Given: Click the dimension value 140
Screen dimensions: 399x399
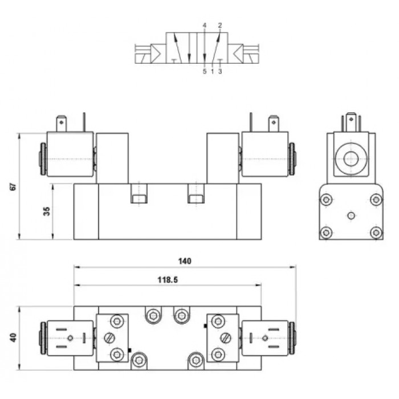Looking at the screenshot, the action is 185,261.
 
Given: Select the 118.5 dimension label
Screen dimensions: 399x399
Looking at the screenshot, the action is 168,280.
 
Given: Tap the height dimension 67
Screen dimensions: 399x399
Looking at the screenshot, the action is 13,186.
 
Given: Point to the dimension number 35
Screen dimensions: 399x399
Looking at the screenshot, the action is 47,211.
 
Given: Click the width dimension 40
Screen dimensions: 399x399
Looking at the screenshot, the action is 13,337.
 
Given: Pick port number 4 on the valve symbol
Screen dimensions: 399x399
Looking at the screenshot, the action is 205,26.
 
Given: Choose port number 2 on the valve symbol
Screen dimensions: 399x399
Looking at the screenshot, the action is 220,26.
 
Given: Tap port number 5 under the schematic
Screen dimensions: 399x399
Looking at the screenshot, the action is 205,71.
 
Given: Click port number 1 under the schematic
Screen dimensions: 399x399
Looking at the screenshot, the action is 212,71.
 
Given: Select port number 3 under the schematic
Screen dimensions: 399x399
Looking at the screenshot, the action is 220,71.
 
